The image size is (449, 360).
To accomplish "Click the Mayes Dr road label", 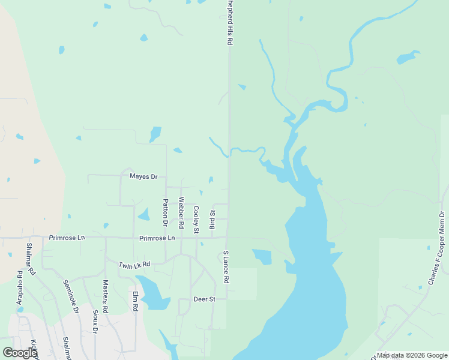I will click(x=143, y=176).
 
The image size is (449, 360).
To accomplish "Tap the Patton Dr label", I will click(x=166, y=212).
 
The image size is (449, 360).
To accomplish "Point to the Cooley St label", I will click(x=196, y=219).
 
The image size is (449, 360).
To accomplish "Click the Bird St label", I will click(x=211, y=220).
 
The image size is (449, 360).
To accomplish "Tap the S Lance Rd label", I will click(x=226, y=267).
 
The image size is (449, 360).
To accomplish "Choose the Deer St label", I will click(x=204, y=299).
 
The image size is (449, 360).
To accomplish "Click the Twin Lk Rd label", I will click(x=134, y=265).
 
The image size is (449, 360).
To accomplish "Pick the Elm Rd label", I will click(x=136, y=300).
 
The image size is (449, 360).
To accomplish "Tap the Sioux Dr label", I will click(x=95, y=320).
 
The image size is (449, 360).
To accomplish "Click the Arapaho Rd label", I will click(x=20, y=282).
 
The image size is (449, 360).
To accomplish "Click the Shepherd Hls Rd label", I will click(x=229, y=23).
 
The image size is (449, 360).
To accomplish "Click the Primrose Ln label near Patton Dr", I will click(x=157, y=238).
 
